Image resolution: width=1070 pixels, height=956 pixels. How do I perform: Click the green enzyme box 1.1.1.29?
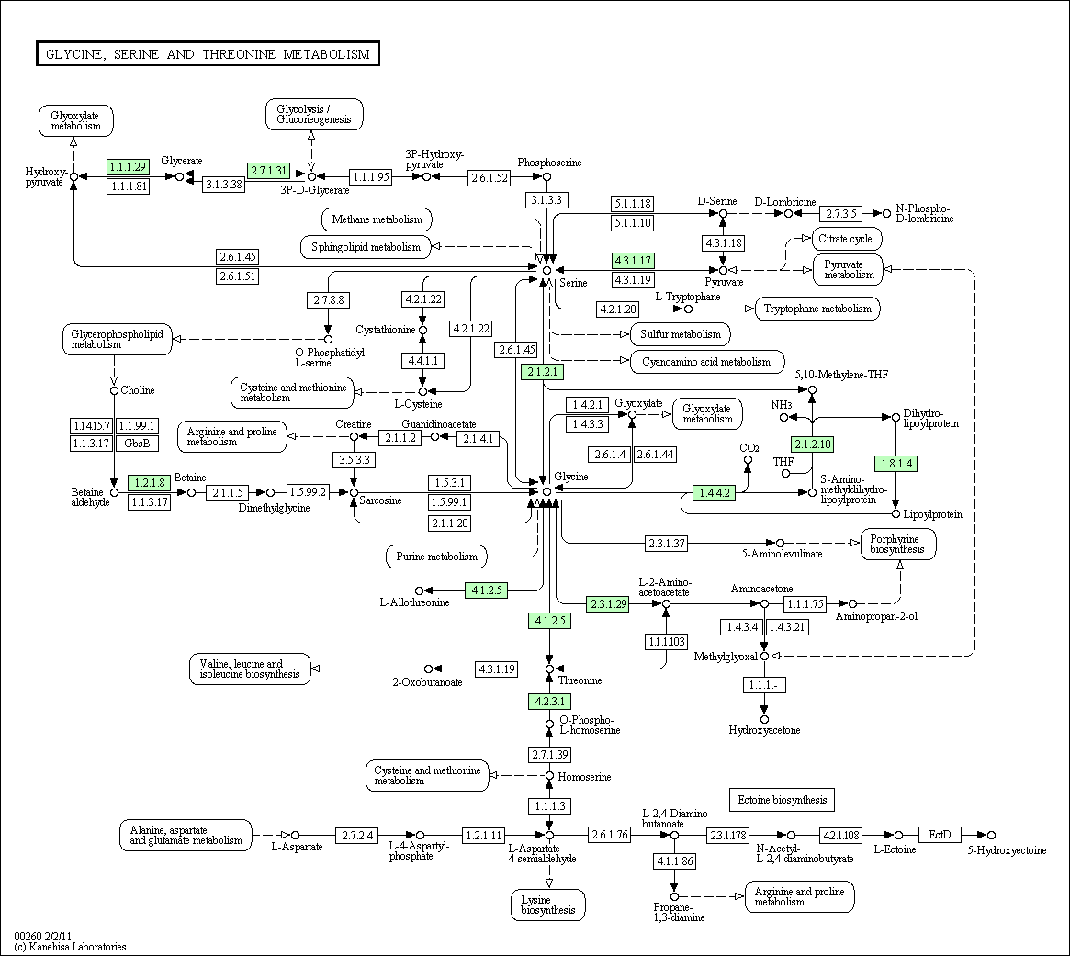pos(128,166)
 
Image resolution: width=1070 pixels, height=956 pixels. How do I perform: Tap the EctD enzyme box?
pos(940,835)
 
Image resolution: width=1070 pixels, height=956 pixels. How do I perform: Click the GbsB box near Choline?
pos(137,444)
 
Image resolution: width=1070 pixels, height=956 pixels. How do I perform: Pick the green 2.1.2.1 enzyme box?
pos(543,372)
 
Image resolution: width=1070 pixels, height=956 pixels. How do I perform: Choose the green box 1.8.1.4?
pos(896,464)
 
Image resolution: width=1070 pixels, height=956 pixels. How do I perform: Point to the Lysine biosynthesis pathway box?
pos(548,905)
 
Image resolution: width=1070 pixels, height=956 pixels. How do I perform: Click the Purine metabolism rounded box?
pos(437,557)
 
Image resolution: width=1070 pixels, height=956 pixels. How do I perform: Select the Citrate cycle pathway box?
pos(847,239)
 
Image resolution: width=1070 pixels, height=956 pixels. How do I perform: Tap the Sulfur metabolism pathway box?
pos(681,334)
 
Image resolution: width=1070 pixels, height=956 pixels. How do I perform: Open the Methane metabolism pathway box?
pos(377,219)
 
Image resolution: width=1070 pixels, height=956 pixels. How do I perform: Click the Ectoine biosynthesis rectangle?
pos(782,800)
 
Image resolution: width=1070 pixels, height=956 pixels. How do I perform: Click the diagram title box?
pos(208,54)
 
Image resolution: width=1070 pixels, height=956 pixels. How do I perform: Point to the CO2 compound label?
pos(749,448)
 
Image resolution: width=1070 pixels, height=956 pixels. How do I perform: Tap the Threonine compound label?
pos(580,680)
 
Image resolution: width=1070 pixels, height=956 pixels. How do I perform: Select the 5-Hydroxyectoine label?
pos(1007,850)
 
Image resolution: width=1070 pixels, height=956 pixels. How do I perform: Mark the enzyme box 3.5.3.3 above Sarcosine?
pos(355,460)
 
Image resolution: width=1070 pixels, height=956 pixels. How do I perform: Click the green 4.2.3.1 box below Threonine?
pos(549,702)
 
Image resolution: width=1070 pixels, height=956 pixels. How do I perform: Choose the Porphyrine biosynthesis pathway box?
pos(898,545)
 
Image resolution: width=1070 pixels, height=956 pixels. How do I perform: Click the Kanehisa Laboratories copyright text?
pos(71,947)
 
